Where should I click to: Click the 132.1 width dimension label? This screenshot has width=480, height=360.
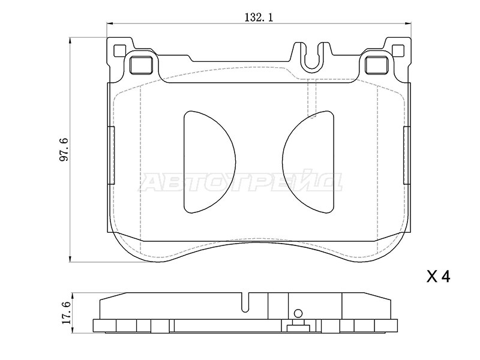[x=259, y=18]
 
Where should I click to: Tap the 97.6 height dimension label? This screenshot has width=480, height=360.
[x=65, y=150]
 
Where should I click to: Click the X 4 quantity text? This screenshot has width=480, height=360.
[x=439, y=277]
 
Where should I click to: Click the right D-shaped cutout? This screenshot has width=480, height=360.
[x=308, y=162]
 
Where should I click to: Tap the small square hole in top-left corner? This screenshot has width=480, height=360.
[x=119, y=51]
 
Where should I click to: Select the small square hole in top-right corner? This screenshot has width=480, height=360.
[x=398, y=51]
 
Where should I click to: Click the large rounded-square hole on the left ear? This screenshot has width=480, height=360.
[x=141, y=65]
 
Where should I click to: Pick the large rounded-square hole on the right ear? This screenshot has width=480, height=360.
[x=377, y=65]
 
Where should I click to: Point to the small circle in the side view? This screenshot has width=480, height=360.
[x=298, y=313]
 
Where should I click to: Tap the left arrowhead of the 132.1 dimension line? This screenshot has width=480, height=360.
[x=110, y=23]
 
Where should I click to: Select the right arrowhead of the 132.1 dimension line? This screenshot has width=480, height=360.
[x=407, y=23]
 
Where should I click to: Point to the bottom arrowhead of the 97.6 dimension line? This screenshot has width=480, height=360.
[x=70, y=258]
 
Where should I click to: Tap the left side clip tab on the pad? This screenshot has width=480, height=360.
[x=112, y=155]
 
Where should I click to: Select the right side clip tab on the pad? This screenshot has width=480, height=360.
[x=407, y=155]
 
